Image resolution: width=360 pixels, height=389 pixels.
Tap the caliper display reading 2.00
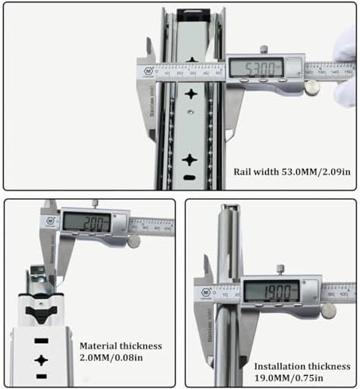pyautogui.click(x=93, y=221)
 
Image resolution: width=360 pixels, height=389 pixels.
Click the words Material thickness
pyautogui.click(x=118, y=344)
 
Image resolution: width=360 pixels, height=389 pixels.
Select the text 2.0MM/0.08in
pyautogui.click(x=118, y=358)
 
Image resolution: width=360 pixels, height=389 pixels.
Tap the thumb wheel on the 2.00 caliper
pyautogui.click(x=134, y=242)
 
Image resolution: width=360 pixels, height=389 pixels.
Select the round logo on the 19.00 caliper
pyautogui.click(x=204, y=294)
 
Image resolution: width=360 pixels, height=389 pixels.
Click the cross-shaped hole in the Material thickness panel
pyautogui.click(x=40, y=359)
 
